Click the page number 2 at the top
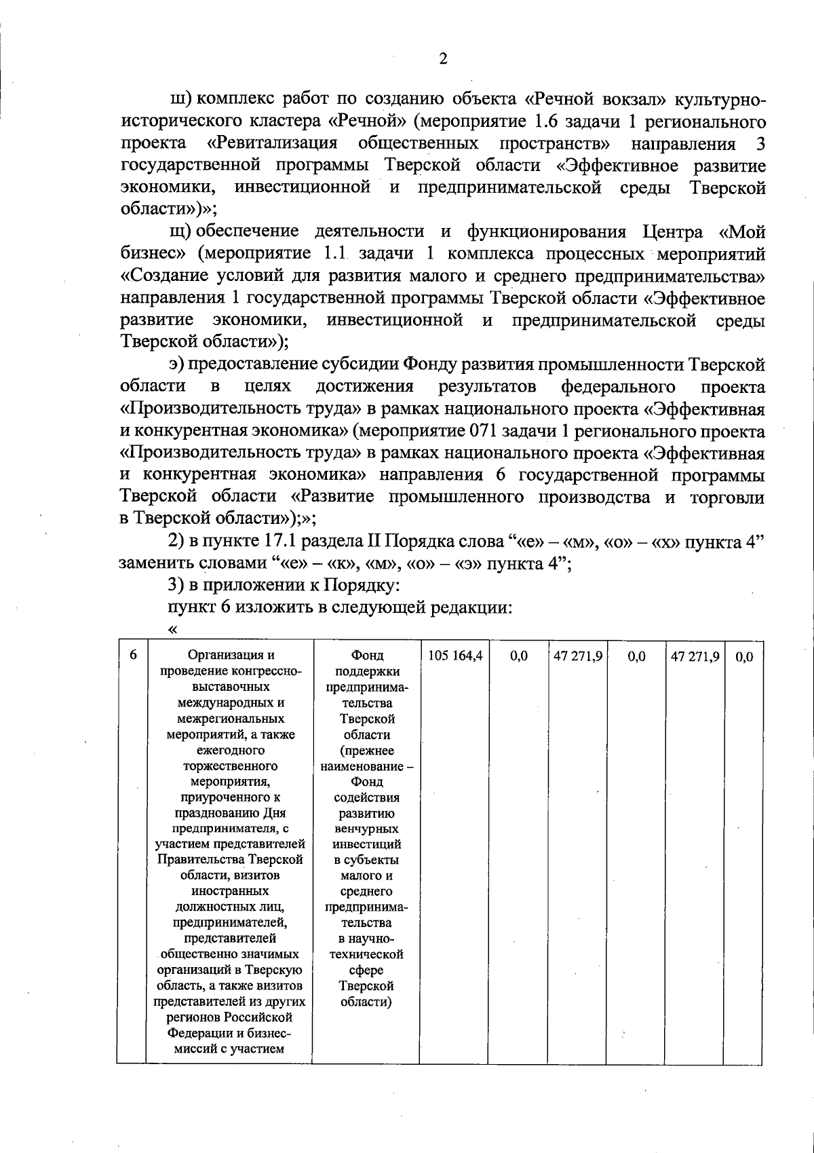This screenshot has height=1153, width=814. [x=442, y=59]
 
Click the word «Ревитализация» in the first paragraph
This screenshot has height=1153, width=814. [x=272, y=144]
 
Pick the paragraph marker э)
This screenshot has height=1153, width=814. [x=177, y=365]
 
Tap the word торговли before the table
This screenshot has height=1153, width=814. [x=726, y=497]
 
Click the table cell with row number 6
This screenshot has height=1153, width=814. [x=133, y=655]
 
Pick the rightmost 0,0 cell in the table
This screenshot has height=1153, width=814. [x=743, y=656]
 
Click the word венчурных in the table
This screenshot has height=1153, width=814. [x=366, y=829]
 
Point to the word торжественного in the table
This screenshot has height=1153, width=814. [x=230, y=766]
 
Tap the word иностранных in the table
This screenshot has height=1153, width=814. [x=230, y=891]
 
